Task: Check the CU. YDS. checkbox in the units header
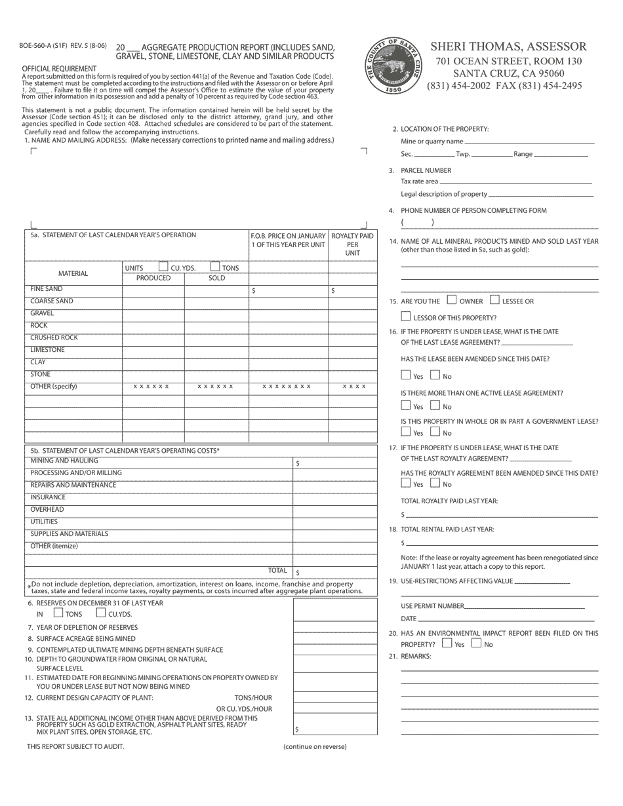pos(163,267)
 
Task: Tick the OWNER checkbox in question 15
pos(451,300)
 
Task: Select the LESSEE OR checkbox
pos(494,300)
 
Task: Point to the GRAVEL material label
pos(43,313)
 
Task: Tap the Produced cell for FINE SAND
pos(153,290)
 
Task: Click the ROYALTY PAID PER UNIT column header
pos(353,244)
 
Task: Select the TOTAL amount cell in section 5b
pos(334,571)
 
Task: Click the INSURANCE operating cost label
pos(49,497)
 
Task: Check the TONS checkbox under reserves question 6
pos(58,613)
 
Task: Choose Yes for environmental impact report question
pos(447,643)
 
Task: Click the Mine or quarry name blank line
pos(529,142)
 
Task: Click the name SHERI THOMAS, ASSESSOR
pos(508,47)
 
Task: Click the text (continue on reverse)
pos(315,746)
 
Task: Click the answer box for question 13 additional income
pos(334,725)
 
